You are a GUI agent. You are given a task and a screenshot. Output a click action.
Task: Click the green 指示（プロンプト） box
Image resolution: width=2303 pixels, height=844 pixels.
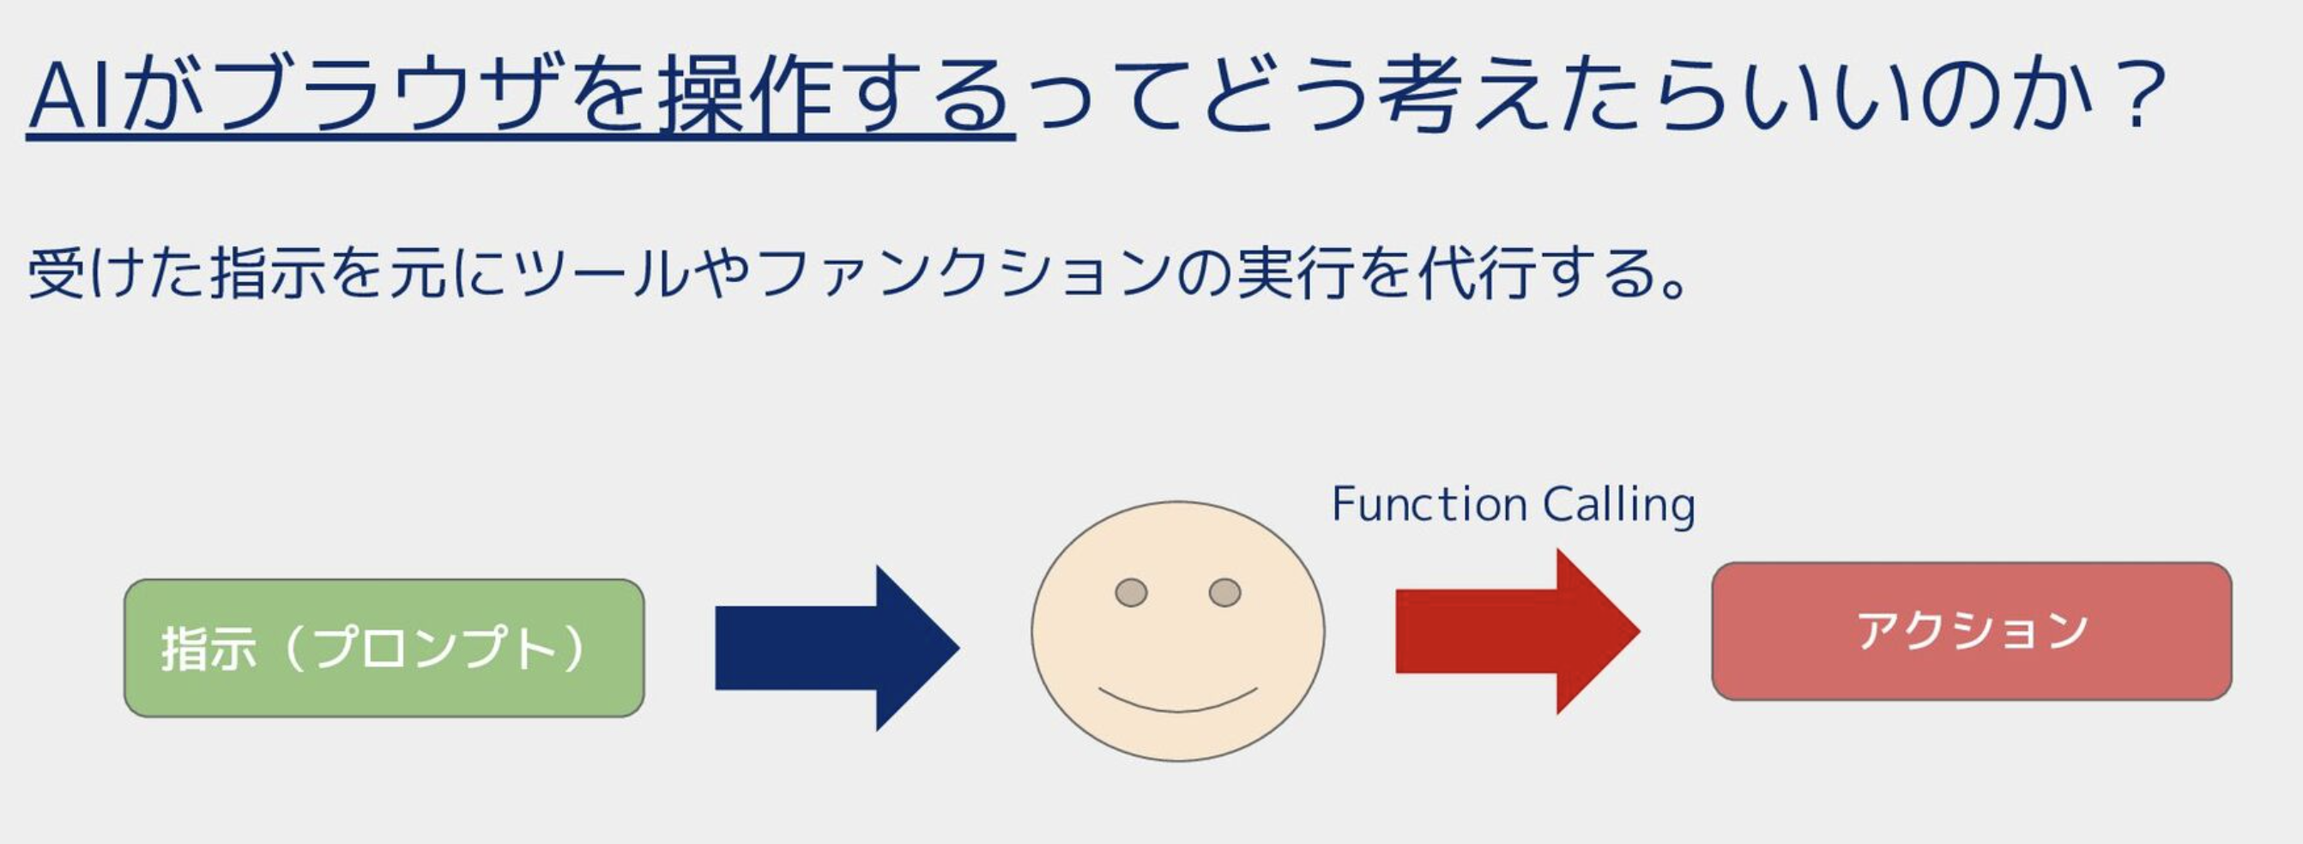click(x=384, y=648)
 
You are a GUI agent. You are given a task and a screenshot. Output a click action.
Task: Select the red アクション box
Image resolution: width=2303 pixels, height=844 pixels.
click(x=1971, y=631)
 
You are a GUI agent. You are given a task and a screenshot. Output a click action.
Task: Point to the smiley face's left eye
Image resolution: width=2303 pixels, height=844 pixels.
click(x=1131, y=592)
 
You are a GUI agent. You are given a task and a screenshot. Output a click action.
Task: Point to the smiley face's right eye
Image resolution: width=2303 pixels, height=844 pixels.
click(x=1224, y=592)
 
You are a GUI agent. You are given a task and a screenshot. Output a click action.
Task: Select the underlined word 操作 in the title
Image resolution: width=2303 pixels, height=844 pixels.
click(x=747, y=97)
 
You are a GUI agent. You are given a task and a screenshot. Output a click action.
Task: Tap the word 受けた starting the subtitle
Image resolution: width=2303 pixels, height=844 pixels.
click(x=116, y=273)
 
